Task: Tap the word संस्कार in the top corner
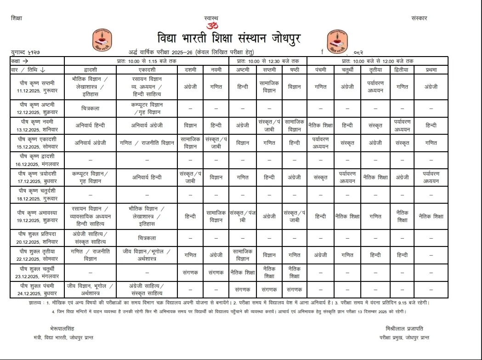[x=419, y=18]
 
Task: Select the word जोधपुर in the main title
[x=280, y=37]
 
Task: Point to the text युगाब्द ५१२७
[x=26, y=53]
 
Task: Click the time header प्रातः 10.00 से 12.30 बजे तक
[x=268, y=61]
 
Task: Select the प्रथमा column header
[x=431, y=70]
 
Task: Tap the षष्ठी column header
[x=295, y=70]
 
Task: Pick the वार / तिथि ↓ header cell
[x=28, y=70]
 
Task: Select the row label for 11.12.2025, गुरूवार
[x=37, y=91]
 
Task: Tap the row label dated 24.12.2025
[x=37, y=293]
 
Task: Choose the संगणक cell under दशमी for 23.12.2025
[x=190, y=273]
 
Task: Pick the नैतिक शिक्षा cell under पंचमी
[x=321, y=125]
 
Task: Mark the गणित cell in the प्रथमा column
[x=431, y=143]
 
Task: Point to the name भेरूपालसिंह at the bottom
[x=62, y=328]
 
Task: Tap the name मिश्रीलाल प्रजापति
[x=404, y=328]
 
